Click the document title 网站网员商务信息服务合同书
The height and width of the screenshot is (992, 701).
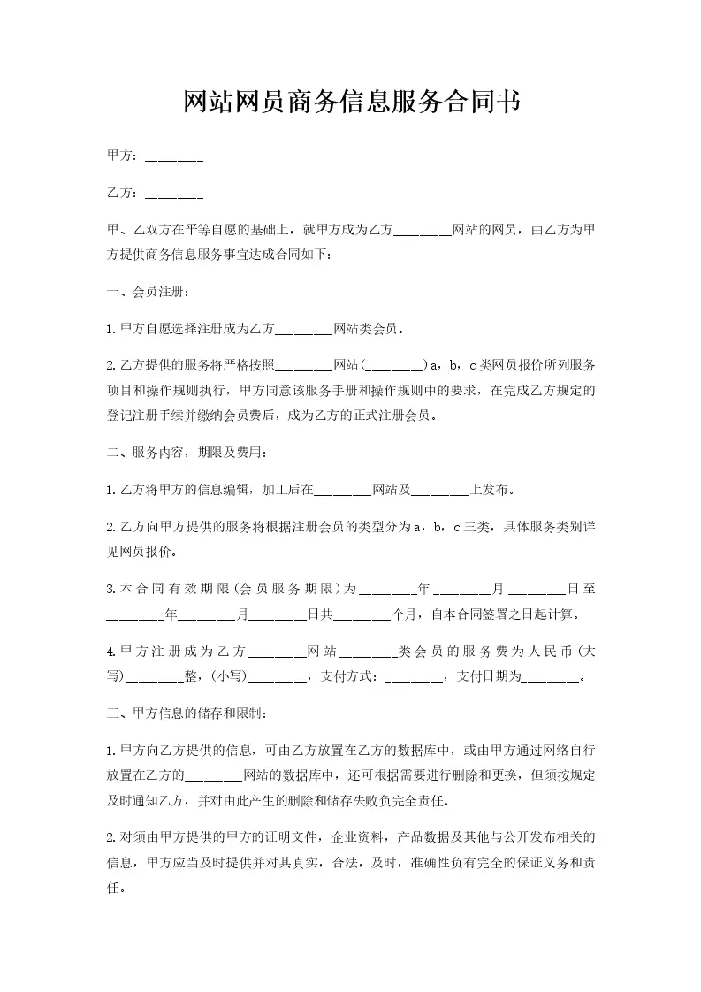pos(350,103)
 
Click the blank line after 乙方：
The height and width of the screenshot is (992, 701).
pos(174,194)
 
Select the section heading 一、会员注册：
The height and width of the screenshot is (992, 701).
pos(147,292)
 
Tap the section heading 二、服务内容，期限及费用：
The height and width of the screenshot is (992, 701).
pos(186,452)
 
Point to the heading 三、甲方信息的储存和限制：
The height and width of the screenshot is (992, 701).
pos(185,713)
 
